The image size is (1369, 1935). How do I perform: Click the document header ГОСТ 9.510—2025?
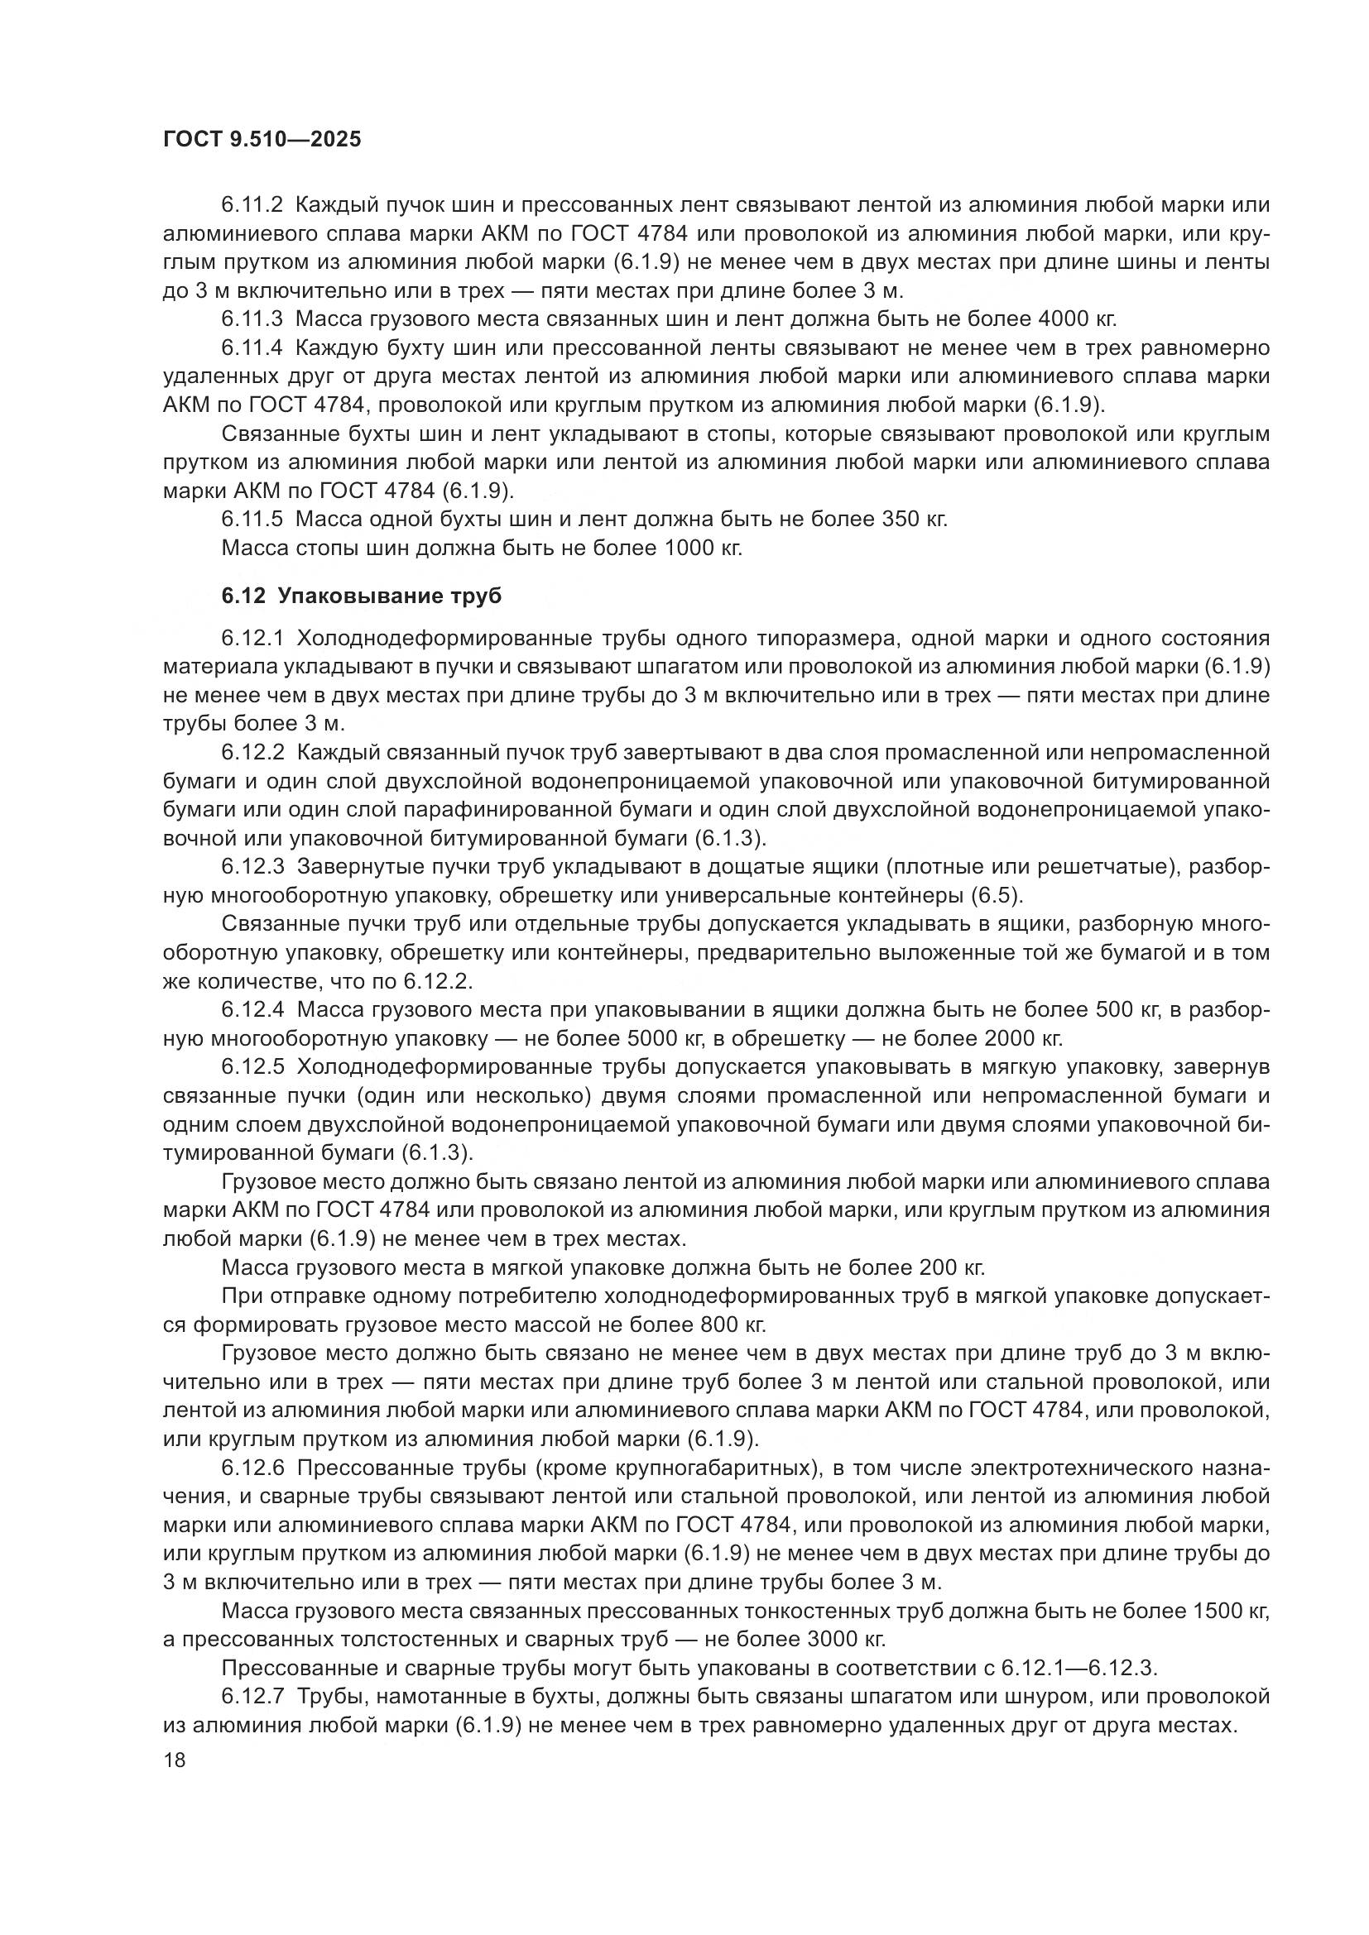click(x=262, y=140)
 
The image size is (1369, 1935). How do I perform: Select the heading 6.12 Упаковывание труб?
click(x=362, y=596)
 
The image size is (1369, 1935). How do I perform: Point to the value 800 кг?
click(x=733, y=1324)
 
